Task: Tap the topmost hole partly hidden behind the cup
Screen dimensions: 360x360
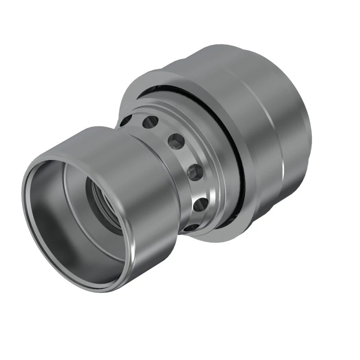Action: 126,121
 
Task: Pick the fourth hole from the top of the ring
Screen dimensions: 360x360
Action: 195,172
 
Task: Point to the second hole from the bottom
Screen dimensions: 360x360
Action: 200,204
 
